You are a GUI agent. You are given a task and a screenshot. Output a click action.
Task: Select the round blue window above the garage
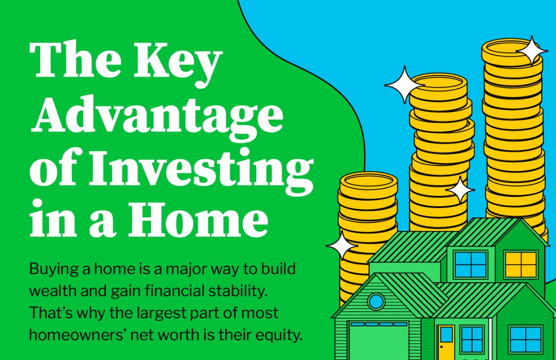(x=376, y=301)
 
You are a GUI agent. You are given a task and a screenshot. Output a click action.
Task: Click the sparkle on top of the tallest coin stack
(x=532, y=50)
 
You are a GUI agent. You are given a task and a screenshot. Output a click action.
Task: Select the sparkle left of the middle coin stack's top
(x=404, y=85)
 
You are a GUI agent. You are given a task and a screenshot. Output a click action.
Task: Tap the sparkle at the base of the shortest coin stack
(x=342, y=246)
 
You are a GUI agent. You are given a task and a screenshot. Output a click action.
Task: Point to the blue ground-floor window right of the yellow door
(x=472, y=339)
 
